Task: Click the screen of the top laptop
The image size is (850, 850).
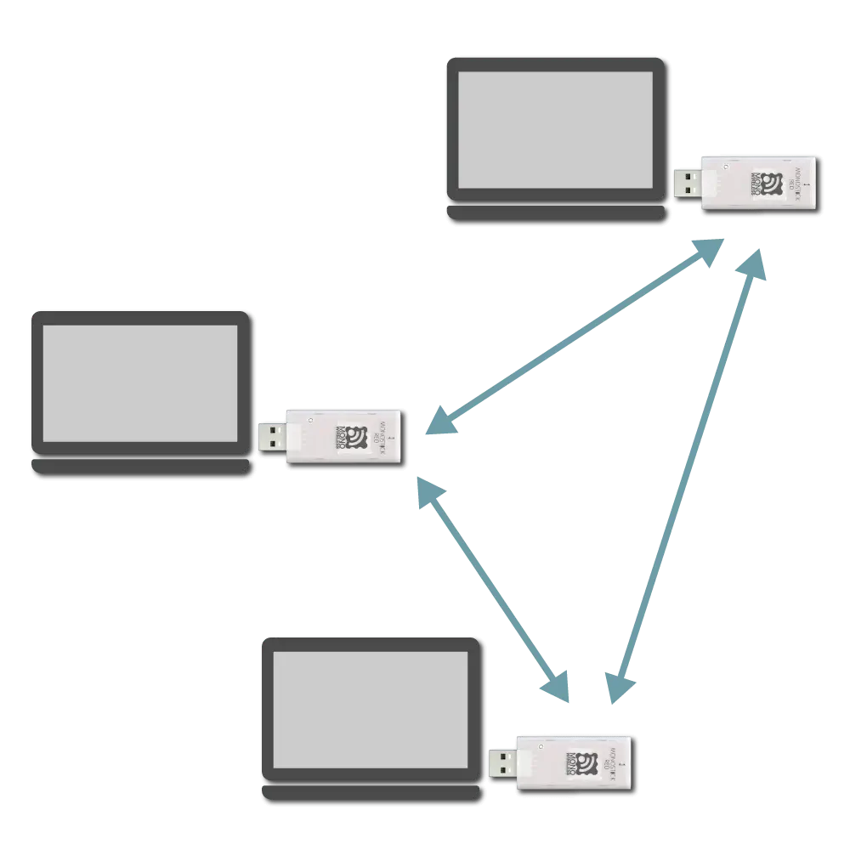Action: tap(555, 129)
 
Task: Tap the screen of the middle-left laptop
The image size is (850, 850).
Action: tap(140, 383)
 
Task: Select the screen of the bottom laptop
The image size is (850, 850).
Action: tap(371, 710)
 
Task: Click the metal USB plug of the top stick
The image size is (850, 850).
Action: tap(688, 182)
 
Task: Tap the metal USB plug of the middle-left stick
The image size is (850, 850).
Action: tap(272, 437)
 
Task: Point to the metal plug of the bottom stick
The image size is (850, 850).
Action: tap(502, 762)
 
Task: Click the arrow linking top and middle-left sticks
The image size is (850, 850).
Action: tap(574, 337)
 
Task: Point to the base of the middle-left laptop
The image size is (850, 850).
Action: tap(140, 465)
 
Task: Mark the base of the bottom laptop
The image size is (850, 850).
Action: tap(371, 791)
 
